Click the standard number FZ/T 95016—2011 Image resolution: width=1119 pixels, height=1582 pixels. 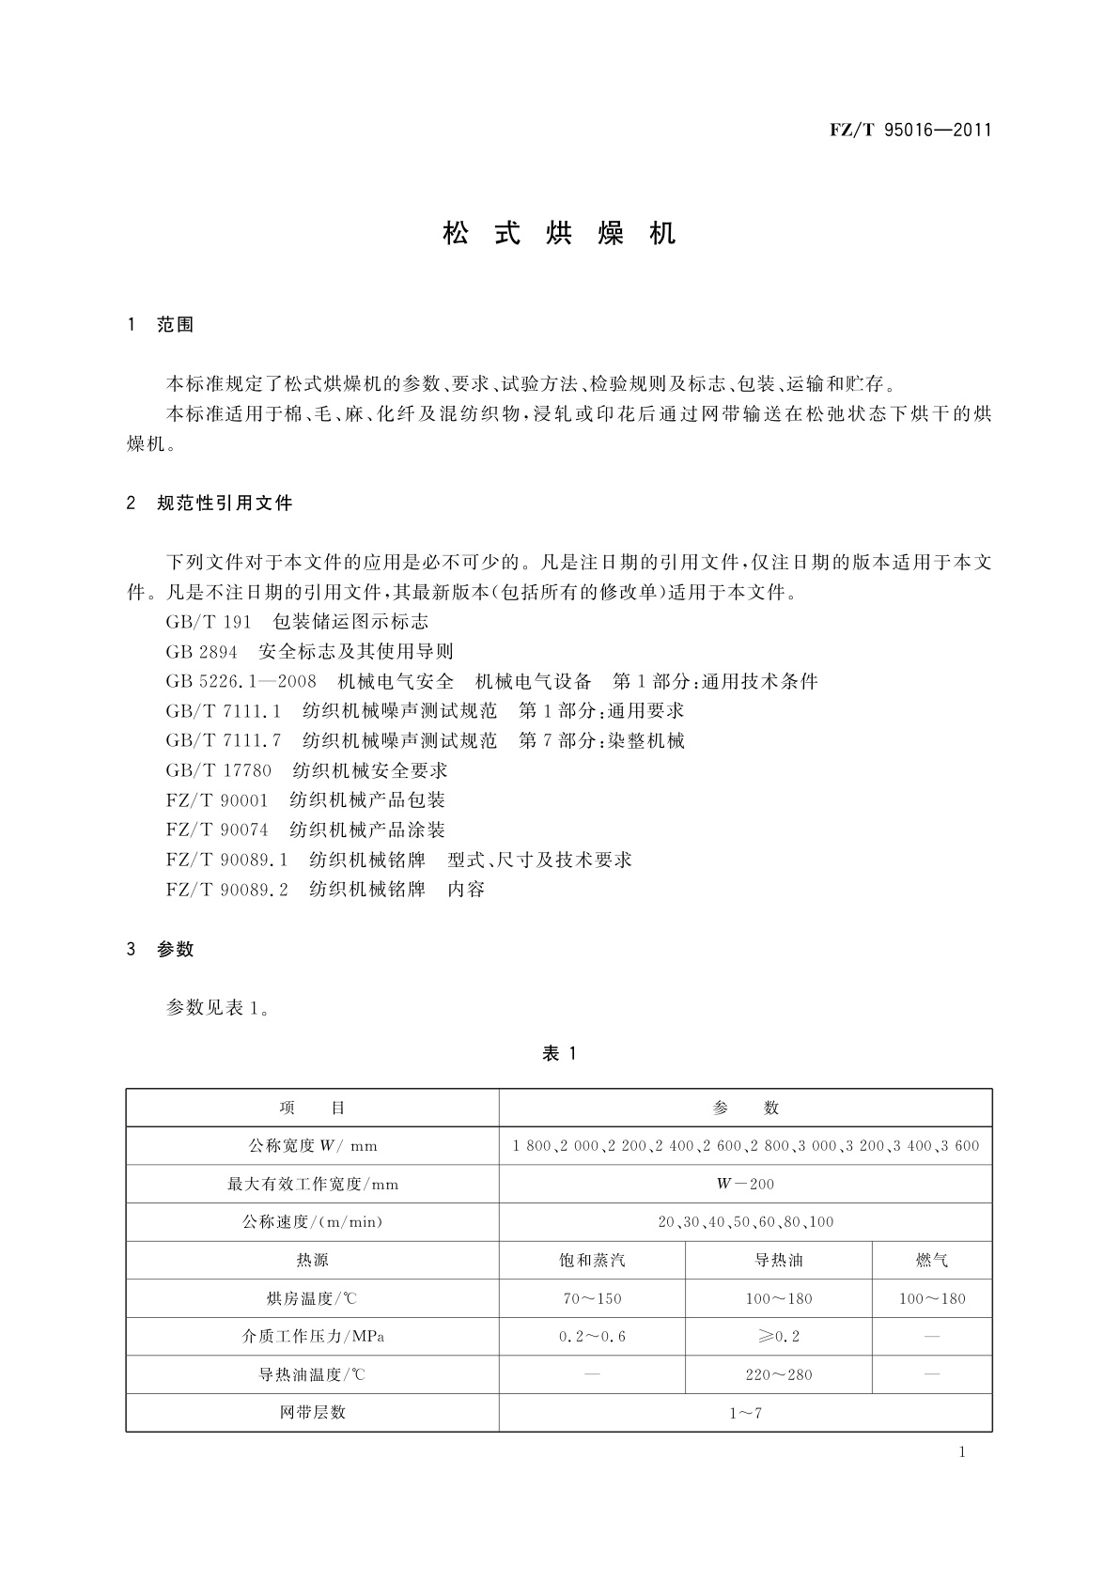[910, 131]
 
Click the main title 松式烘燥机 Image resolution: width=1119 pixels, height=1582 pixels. [559, 234]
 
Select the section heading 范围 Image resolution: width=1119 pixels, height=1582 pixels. [175, 325]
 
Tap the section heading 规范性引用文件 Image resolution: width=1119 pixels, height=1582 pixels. [225, 504]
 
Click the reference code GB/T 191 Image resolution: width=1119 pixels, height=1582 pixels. [209, 622]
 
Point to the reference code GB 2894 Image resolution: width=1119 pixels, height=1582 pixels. [201, 652]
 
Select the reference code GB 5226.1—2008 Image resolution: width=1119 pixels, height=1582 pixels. [241, 681]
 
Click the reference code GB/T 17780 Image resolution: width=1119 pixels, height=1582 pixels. [218, 770]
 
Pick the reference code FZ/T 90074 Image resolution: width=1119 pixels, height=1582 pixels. [216, 830]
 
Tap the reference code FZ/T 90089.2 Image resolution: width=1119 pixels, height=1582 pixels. [226, 890]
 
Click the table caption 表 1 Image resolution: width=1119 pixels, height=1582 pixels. [559, 1054]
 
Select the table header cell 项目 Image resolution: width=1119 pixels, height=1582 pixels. [312, 1109]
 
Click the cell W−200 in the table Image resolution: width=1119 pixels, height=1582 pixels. [745, 1185]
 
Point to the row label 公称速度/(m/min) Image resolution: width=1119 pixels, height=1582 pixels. [312, 1222]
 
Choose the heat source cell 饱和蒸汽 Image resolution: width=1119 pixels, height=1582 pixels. [592, 1261]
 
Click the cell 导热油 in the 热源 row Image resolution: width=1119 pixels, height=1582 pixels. [779, 1261]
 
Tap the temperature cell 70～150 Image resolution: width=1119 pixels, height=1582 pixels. [592, 1299]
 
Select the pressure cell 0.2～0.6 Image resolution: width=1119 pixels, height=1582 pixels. [592, 1337]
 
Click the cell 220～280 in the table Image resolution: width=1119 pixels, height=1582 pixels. [779, 1375]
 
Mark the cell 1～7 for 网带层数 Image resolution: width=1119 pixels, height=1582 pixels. [745, 1413]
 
